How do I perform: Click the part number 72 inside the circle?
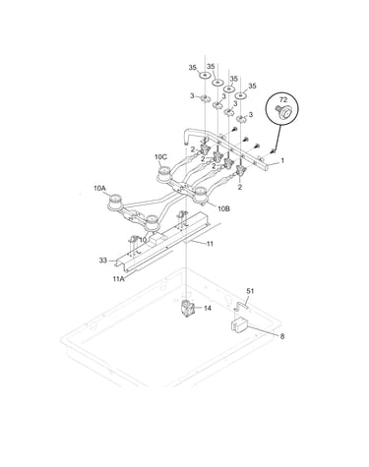(x=283, y=100)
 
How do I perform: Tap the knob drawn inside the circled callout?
(x=282, y=112)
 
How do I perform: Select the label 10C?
(x=160, y=157)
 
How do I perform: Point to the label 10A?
(x=99, y=188)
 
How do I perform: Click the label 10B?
(x=223, y=208)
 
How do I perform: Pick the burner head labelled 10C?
(x=164, y=174)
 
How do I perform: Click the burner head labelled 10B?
(x=201, y=195)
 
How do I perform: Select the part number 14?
(x=208, y=308)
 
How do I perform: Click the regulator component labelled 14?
(x=188, y=309)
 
